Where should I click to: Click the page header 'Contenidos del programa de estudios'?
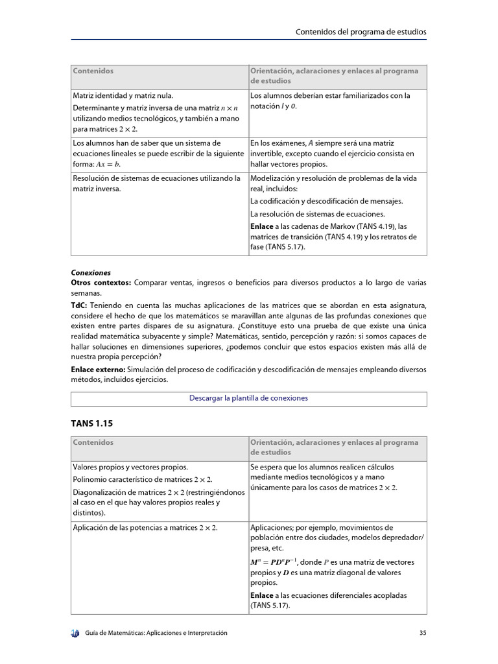point(361,31)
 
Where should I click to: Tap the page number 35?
point(423,633)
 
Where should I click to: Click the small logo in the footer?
point(75,633)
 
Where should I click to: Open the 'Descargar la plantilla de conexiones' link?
point(248,398)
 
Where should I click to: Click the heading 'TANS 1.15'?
point(91,423)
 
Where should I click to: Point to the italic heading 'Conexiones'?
point(91,273)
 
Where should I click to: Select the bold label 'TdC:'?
point(79,305)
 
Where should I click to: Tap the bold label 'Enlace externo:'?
point(98,370)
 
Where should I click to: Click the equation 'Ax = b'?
point(108,165)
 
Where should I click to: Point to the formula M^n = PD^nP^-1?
point(273,562)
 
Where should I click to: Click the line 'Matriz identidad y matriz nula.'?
point(123,95)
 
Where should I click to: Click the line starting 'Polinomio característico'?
point(143,479)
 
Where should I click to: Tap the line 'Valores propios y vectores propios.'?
point(130,467)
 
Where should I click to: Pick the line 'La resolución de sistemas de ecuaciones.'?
point(317,214)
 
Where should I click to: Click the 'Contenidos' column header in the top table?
point(93,71)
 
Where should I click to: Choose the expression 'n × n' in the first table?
point(230,108)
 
